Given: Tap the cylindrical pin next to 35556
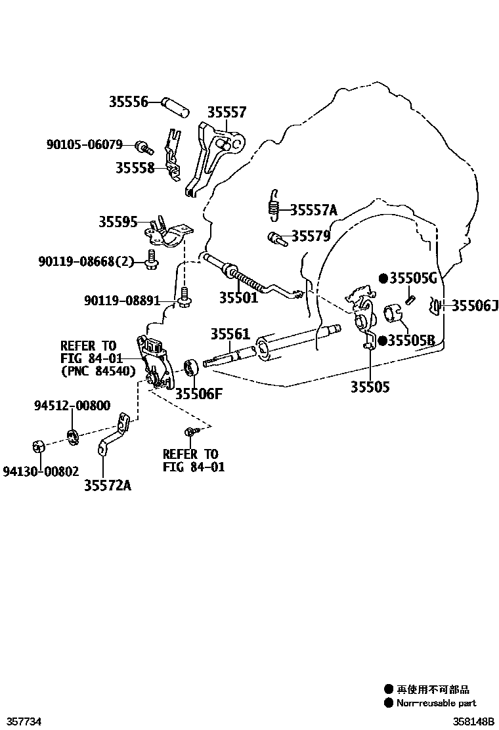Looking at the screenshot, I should click(x=175, y=104).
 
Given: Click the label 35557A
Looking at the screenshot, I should click(x=313, y=210).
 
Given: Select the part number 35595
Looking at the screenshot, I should click(x=118, y=222).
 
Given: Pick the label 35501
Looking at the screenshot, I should click(x=238, y=297).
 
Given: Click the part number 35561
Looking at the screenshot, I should click(x=230, y=334).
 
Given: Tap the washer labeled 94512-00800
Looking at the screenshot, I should click(x=73, y=434).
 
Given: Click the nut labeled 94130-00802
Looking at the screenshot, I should click(x=39, y=448).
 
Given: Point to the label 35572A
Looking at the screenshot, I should click(x=107, y=485).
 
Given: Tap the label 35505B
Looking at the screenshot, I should click(x=411, y=340).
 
